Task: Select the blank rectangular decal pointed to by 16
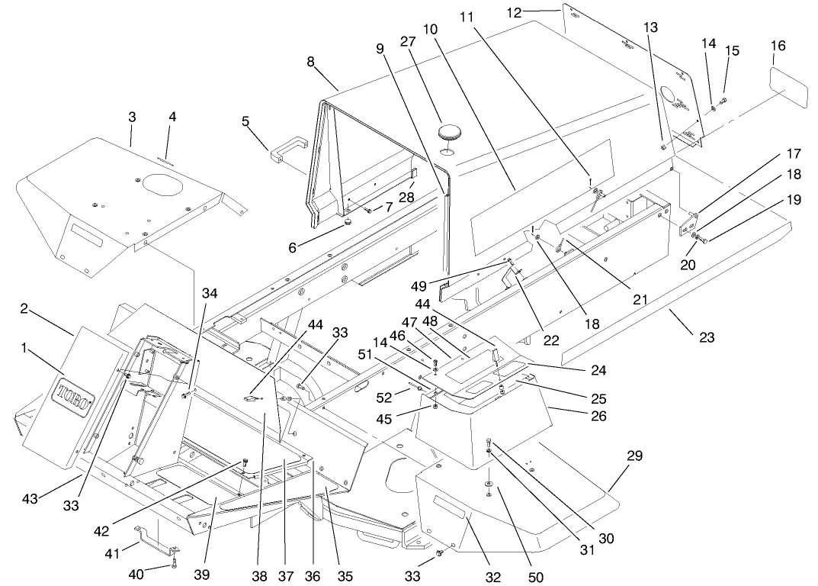[786, 86]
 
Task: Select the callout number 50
[537, 578]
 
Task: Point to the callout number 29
[634, 456]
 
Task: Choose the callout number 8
[311, 61]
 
